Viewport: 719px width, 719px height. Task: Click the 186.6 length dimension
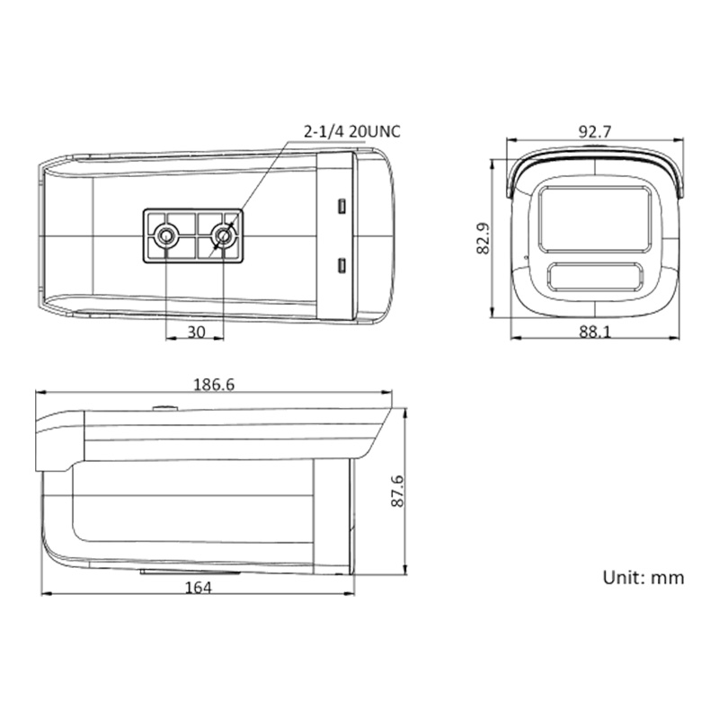pyautogui.click(x=214, y=385)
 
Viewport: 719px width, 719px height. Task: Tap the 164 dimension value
pyautogui.click(x=198, y=588)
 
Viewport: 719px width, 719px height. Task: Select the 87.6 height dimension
pyautogui.click(x=397, y=491)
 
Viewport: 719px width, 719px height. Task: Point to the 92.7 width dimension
pyautogui.click(x=595, y=132)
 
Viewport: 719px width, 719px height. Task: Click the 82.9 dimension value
pyautogui.click(x=484, y=238)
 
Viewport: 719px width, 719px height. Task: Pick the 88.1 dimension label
pyautogui.click(x=595, y=332)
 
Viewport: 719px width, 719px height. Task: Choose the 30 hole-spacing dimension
pyautogui.click(x=196, y=332)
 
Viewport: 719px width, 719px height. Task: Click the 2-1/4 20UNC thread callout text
pyautogui.click(x=351, y=131)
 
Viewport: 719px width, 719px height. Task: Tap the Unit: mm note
pyautogui.click(x=644, y=577)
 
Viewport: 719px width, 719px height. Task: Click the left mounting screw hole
pyautogui.click(x=165, y=235)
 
